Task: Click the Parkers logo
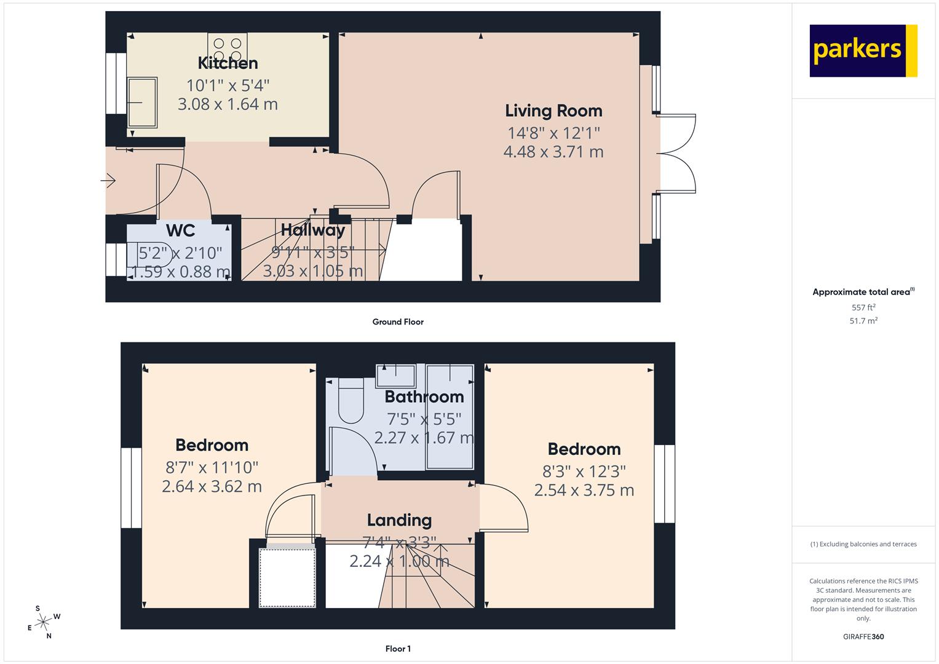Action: coord(863,50)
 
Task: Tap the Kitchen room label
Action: coord(228,63)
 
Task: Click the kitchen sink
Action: coord(142,102)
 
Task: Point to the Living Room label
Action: coord(553,111)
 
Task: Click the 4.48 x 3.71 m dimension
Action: coord(553,152)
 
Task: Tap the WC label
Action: coord(180,231)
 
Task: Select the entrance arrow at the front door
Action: coord(108,181)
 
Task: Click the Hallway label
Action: coord(313,230)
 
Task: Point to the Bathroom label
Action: coord(424,397)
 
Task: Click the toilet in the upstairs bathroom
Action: coord(351,400)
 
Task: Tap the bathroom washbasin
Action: coord(396,376)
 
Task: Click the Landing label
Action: coord(399,520)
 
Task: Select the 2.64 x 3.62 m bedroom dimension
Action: coord(212,486)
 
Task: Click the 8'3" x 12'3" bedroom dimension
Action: coord(584,472)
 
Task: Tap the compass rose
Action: coord(44,622)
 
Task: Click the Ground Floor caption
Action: coord(398,322)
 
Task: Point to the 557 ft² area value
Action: coord(863,307)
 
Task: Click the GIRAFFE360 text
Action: coord(863,636)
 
